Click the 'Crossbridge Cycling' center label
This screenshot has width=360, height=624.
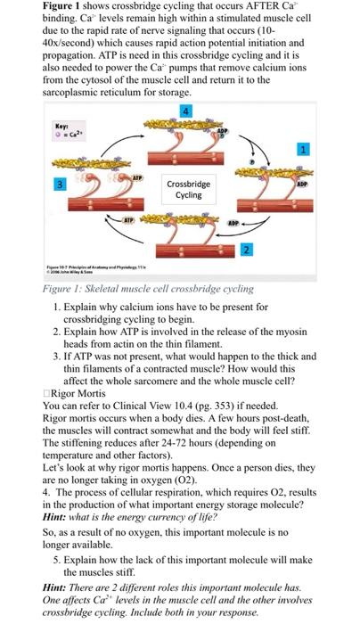(x=187, y=189)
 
